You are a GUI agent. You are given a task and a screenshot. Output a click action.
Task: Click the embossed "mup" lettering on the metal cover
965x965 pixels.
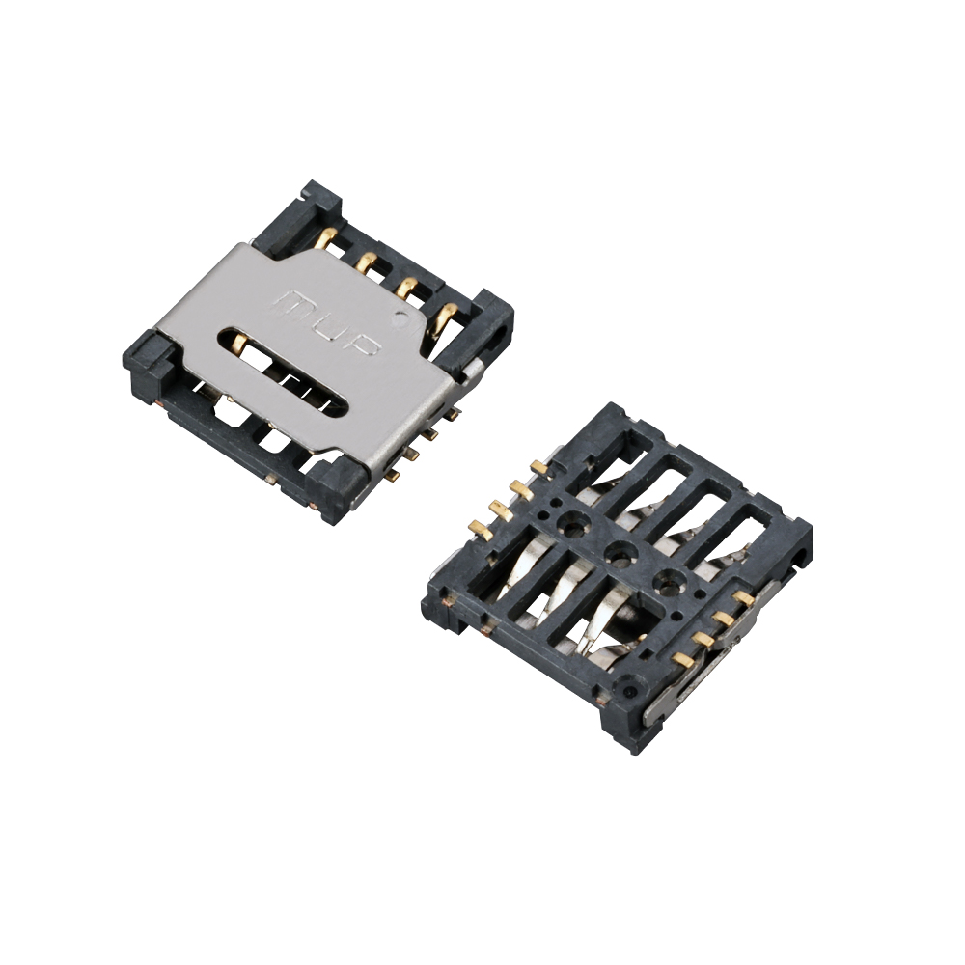[x=330, y=324]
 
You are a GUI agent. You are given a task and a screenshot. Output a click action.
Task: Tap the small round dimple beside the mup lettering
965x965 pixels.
[x=401, y=318]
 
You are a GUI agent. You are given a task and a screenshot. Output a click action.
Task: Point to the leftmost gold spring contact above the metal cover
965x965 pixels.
[x=328, y=237]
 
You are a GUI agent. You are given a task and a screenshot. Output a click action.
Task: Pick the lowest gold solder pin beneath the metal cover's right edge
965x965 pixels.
[x=395, y=475]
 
